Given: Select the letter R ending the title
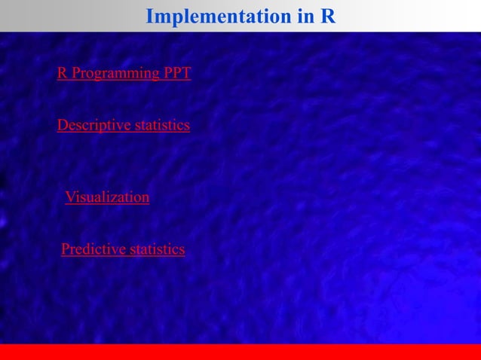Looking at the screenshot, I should (x=329, y=16).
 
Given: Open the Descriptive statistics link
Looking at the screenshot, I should (x=124, y=125).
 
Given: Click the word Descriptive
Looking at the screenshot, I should (x=93, y=125).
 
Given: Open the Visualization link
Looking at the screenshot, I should (x=107, y=197).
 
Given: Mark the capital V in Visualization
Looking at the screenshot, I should (x=70, y=197).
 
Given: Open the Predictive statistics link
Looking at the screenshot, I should (x=123, y=249).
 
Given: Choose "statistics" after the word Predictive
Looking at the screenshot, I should (x=156, y=249).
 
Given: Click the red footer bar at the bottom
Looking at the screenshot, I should (x=240, y=352).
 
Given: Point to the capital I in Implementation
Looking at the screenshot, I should (x=149, y=16).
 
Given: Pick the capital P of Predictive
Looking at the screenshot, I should (x=66, y=249).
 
